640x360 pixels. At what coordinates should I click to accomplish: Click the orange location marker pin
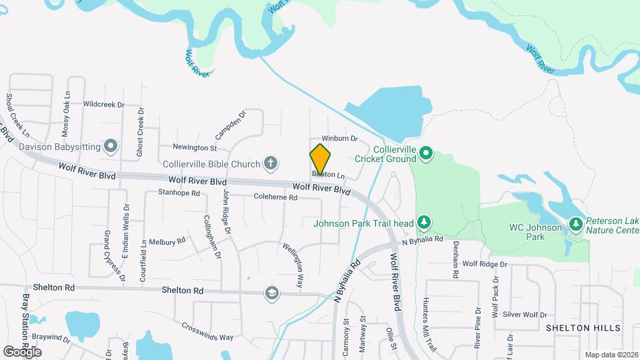[321, 159]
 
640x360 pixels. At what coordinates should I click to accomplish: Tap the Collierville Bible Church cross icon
[271, 162]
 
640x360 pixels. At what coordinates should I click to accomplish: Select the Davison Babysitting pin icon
[111, 146]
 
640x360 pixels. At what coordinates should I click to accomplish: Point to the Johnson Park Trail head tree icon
[423, 222]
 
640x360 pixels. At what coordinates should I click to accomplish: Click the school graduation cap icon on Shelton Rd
[271, 293]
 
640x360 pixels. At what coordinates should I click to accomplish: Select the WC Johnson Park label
[527, 232]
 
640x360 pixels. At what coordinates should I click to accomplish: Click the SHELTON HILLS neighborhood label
[583, 328]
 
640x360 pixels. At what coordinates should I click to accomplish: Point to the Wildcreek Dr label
[104, 105]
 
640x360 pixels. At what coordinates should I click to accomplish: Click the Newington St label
[195, 147]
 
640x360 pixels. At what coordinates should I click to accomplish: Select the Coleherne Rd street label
[275, 197]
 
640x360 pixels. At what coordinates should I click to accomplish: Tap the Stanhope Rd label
[179, 193]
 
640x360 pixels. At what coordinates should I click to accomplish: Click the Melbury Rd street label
[167, 241]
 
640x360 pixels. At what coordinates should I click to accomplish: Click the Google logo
[22, 351]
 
